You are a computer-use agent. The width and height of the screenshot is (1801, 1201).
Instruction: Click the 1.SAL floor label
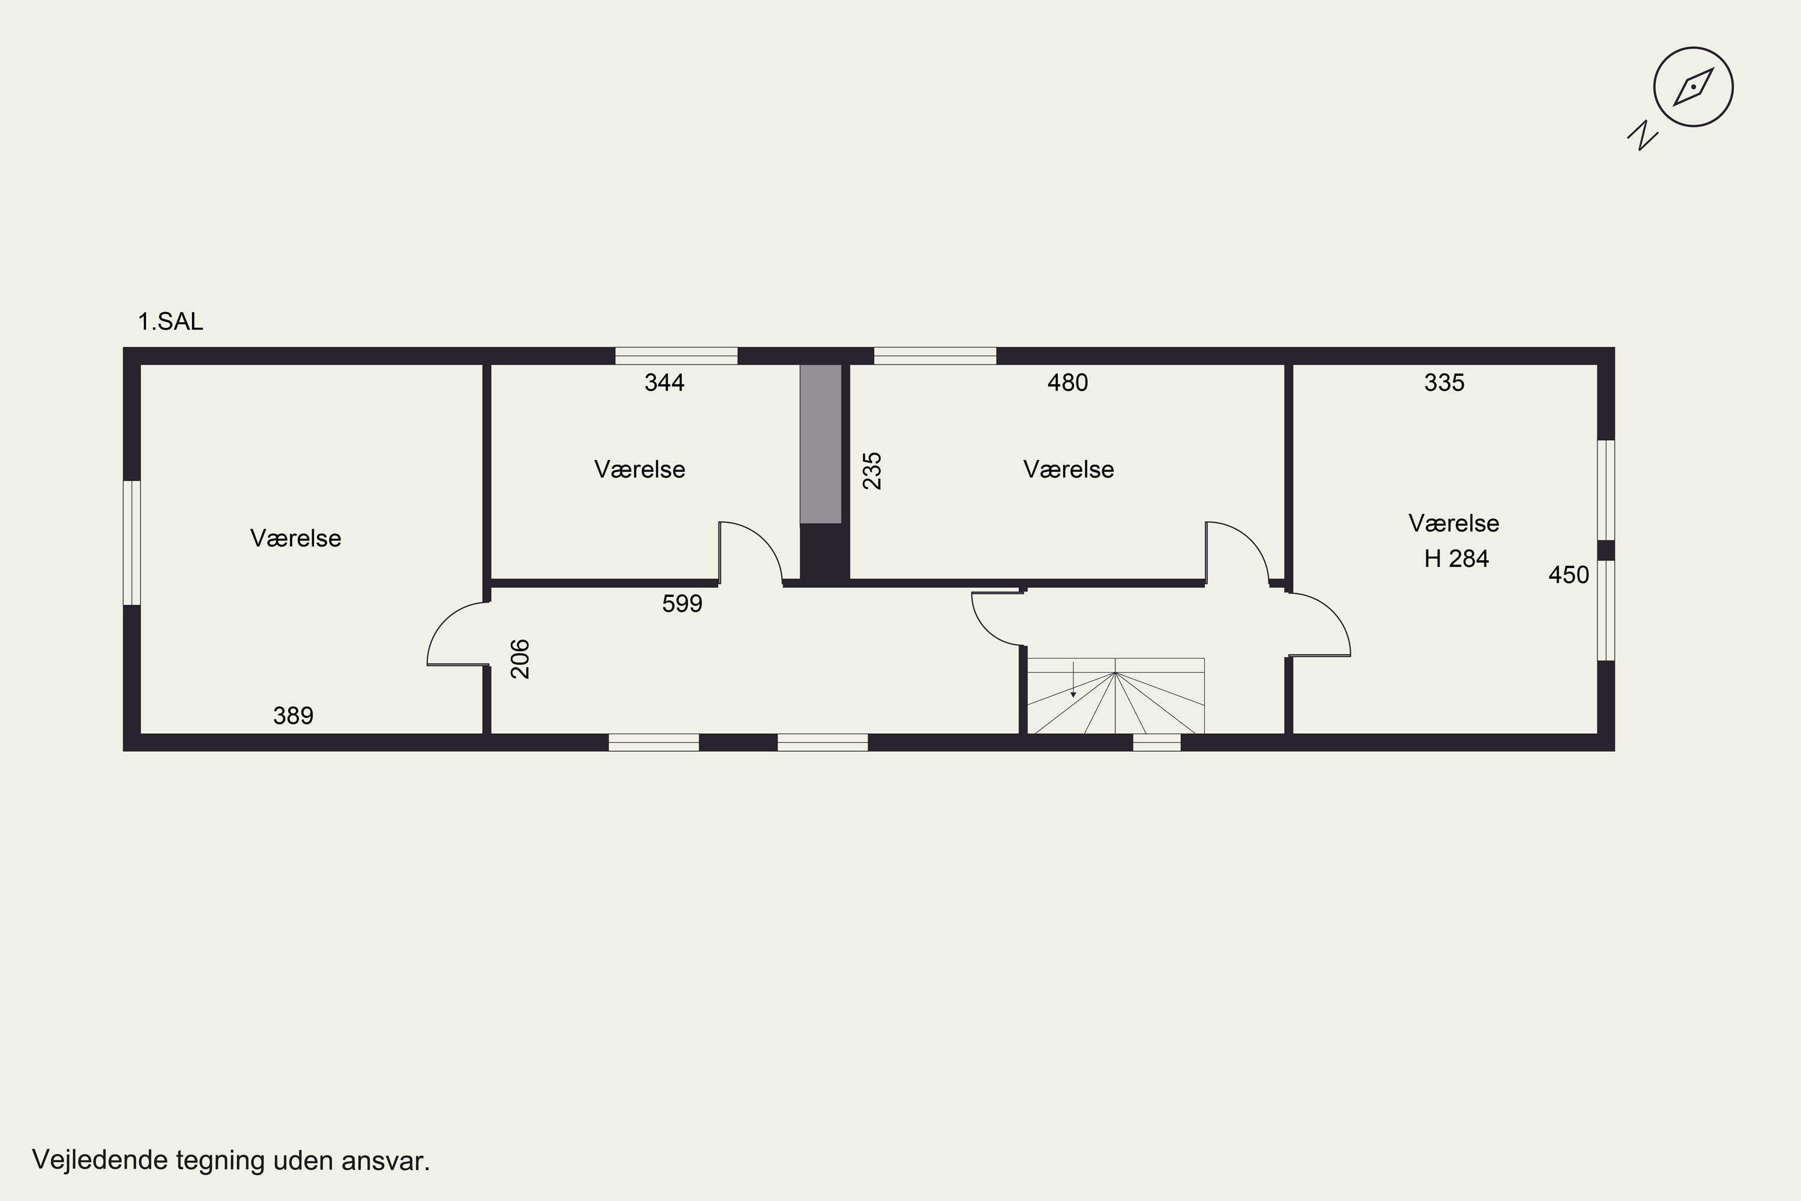[x=170, y=322]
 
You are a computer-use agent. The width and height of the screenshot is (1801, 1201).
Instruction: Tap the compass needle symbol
[x=1693, y=86]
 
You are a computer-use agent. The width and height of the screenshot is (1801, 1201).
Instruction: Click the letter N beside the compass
[x=1643, y=136]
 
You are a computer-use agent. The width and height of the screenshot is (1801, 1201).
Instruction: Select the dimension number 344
[x=664, y=382]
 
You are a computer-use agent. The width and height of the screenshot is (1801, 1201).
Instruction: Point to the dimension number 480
[x=1067, y=382]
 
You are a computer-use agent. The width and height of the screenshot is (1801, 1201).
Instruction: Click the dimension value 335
[x=1444, y=382]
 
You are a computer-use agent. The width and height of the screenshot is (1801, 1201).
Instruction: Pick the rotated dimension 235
[x=872, y=470]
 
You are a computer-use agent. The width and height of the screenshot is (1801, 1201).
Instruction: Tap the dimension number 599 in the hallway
[x=681, y=604]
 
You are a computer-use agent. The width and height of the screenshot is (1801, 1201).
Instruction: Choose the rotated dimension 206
[x=520, y=659]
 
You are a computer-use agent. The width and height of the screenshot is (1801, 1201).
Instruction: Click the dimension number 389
[x=294, y=715]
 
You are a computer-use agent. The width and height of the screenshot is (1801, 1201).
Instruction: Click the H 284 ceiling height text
[x=1456, y=558]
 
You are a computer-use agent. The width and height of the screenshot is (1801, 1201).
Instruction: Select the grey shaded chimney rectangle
[x=821, y=444]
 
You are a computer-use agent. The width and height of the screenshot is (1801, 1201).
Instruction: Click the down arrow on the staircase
[x=1073, y=679]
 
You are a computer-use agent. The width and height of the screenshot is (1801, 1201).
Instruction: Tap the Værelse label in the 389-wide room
[x=295, y=539]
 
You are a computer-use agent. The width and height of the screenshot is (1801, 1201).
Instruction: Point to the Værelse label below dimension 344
[x=639, y=470]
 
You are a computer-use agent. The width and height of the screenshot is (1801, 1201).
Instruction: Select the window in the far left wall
[x=131, y=543]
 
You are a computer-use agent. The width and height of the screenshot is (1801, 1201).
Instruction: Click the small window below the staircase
[x=1156, y=742]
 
